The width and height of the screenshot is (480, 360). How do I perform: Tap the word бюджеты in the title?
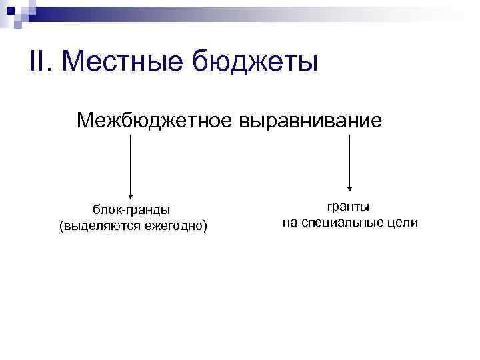coord(255,63)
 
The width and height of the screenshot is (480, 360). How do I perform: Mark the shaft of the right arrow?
coord(351,160)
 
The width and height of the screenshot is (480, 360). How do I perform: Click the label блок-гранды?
coord(131,211)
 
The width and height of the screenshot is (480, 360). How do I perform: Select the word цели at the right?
coord(402,223)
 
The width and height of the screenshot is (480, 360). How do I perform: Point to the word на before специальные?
coord(289,223)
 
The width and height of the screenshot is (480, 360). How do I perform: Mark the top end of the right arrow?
coord(351,136)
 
